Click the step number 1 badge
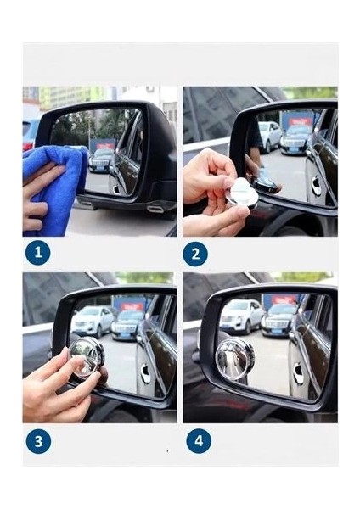click(38, 252)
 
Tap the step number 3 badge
click(39, 441)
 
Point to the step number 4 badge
click(199, 441)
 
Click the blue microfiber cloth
click(55, 188)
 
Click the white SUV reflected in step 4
click(241, 316)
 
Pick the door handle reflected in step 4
click(298, 370)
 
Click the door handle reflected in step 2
click(315, 186)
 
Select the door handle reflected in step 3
click(145, 374)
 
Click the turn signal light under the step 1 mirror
click(155, 208)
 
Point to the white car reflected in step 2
click(270, 137)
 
